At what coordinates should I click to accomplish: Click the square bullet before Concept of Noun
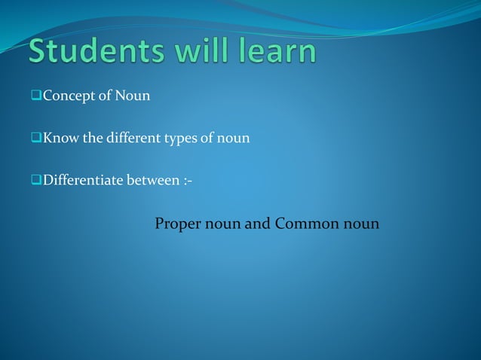(x=36, y=96)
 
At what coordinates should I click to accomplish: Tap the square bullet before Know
(x=36, y=139)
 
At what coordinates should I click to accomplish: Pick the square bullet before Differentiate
(x=36, y=181)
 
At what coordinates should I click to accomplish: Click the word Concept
(x=66, y=96)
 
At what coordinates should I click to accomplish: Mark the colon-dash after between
(x=187, y=182)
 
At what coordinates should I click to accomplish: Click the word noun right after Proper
(x=222, y=225)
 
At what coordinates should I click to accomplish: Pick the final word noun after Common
(x=362, y=225)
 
